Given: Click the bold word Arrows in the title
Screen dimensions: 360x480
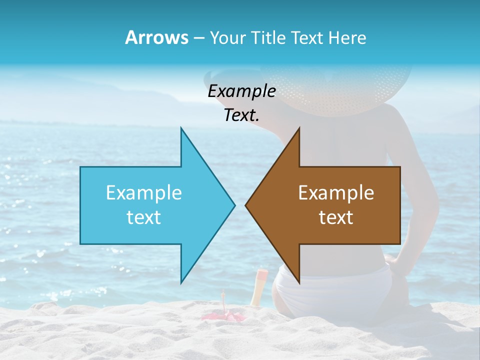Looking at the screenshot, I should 156,37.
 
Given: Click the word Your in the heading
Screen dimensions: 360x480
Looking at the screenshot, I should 227,38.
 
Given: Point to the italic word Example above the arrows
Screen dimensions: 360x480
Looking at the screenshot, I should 241,91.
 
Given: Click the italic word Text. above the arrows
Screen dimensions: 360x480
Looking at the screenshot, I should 241,115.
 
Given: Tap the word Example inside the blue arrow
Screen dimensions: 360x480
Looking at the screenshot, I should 144,192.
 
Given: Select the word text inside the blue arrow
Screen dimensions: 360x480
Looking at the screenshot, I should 144,217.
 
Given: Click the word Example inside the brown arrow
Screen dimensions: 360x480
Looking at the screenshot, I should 336,192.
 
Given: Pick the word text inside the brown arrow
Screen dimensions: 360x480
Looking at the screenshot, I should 336,217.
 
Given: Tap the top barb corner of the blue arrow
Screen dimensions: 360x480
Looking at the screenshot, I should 181,128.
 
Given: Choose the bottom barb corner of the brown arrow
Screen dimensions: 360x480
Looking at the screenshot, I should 299,282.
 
